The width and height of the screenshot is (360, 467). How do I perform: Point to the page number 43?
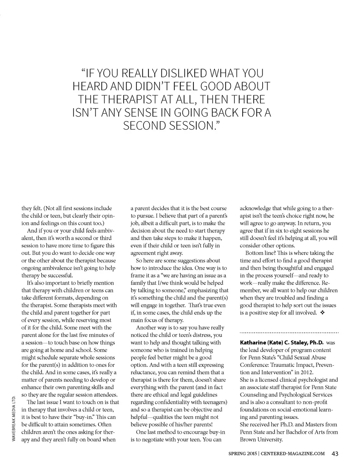[335, 454]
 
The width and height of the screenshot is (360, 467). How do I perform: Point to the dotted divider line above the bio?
[289, 332]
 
